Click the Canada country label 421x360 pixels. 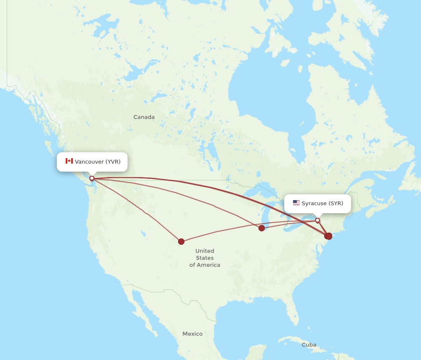[x=144, y=117]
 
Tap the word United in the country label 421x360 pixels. [x=205, y=251]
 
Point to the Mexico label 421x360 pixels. [x=192, y=334]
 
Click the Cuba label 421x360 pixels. [x=309, y=345]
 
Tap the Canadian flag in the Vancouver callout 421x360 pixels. [x=69, y=161]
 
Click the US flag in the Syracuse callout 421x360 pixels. [x=296, y=203]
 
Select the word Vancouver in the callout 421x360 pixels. [x=89, y=161]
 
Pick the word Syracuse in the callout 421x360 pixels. [x=314, y=204]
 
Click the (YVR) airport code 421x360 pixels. [x=113, y=161]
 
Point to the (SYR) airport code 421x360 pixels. [x=336, y=204]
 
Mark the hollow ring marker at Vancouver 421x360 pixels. [x=92, y=178]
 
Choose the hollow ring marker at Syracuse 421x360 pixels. [x=317, y=220]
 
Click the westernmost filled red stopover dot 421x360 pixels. [x=181, y=241]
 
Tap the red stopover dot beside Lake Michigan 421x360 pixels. [x=261, y=228]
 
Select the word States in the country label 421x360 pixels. [x=205, y=258]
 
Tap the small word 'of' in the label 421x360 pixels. [x=192, y=265]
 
